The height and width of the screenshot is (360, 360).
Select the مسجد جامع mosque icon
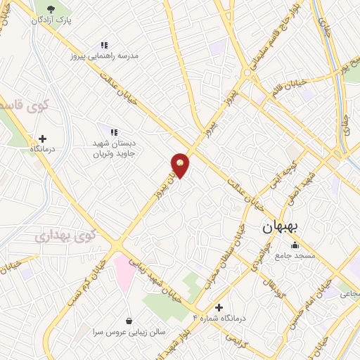tap(295, 245)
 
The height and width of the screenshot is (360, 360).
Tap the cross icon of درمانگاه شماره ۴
tap(219, 307)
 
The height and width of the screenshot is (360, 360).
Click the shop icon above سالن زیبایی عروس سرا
tap(129, 320)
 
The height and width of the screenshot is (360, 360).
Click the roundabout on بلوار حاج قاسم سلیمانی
tap(247, 72)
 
